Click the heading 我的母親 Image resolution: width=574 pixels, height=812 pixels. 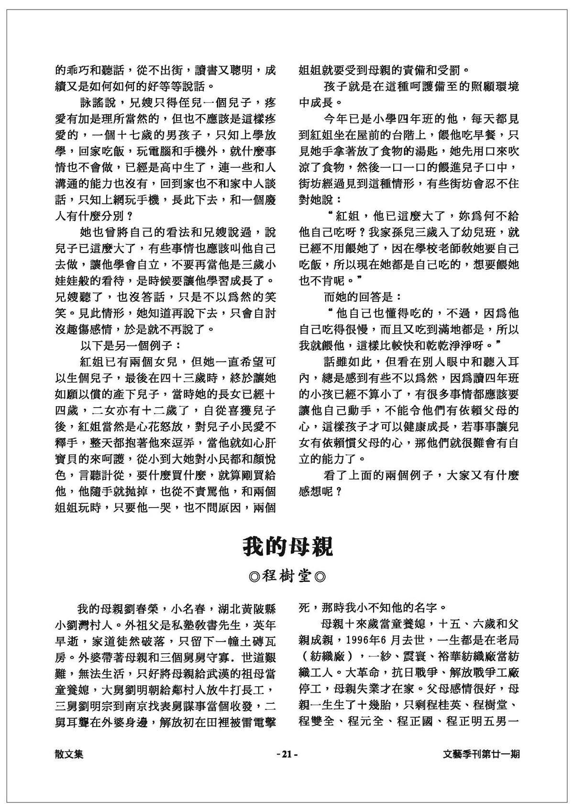click(x=287, y=547)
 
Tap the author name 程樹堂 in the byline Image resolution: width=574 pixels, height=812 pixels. click(x=287, y=576)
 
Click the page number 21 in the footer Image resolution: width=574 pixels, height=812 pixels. click(x=287, y=754)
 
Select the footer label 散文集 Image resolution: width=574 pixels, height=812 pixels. click(x=69, y=754)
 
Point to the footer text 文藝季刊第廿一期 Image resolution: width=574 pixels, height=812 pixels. click(x=481, y=754)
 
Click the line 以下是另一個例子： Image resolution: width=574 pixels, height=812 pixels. click(x=130, y=345)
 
